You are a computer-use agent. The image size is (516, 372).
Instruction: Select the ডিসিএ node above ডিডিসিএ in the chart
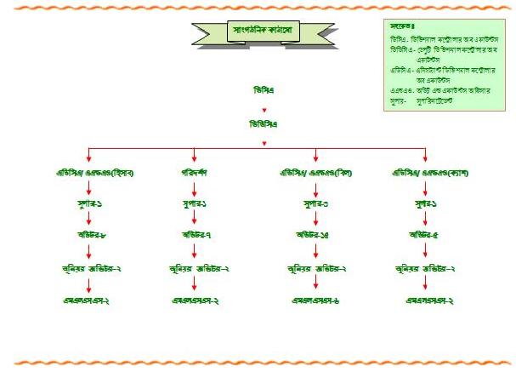[x=264, y=89]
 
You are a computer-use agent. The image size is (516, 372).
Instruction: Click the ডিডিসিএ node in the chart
[x=264, y=124]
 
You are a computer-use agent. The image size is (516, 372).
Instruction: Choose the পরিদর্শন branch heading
[x=195, y=174]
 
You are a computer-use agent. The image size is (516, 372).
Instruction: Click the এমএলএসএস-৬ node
[x=315, y=301]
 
